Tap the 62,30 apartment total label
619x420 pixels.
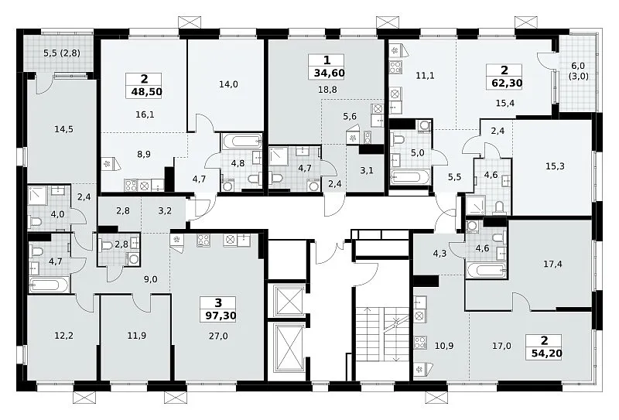(506, 83)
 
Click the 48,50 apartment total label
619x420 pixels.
(145, 92)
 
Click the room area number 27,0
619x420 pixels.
(218, 336)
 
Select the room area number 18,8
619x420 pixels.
(327, 90)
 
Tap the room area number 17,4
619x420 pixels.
(552, 264)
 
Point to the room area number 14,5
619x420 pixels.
(64, 129)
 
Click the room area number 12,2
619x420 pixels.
(64, 336)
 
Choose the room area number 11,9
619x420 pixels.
(137, 336)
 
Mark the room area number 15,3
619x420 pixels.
(555, 166)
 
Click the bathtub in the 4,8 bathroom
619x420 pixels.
(241, 140)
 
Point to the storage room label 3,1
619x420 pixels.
(366, 170)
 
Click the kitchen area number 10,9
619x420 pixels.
(443, 347)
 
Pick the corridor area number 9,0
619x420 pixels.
(150, 279)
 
